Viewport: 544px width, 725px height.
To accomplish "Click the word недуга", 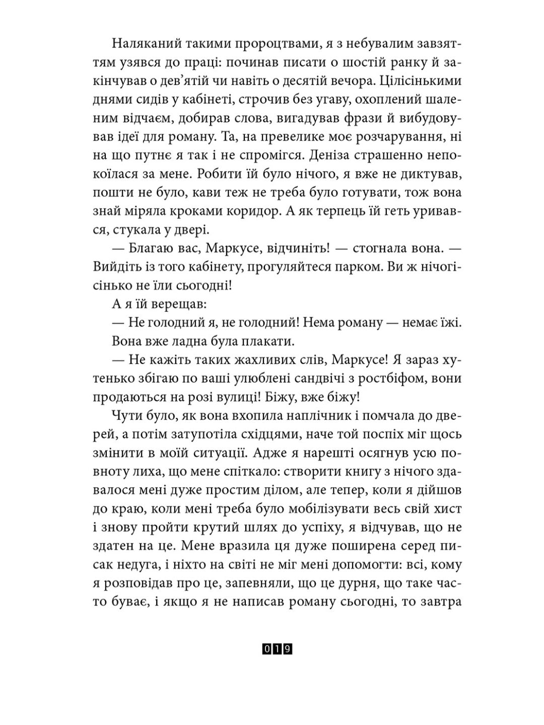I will pos(143,563).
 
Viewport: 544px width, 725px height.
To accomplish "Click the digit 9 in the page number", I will pos(288,649).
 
